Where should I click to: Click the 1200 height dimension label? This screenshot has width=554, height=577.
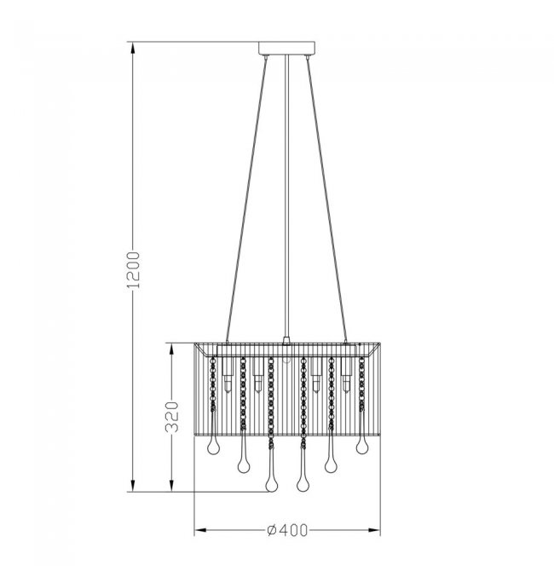tap(133, 269)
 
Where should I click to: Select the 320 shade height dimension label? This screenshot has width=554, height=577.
tap(171, 417)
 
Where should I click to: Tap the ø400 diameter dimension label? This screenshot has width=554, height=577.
tap(287, 530)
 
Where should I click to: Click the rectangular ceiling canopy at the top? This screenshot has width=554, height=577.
tap(286, 49)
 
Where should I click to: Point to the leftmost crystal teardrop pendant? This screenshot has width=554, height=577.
tap(213, 447)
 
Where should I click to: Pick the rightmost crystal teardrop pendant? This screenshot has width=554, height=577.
tap(362, 447)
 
